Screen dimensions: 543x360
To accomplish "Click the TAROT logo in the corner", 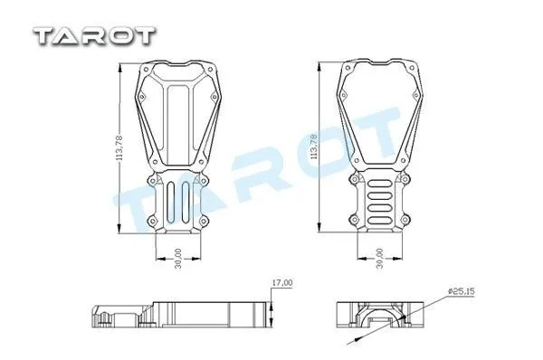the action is pos(94,36).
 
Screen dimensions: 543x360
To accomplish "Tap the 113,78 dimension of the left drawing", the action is pos(120,147).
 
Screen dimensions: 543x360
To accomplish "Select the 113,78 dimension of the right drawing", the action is pos(314,147).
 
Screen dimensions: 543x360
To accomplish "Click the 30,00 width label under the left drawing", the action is pos(178,258).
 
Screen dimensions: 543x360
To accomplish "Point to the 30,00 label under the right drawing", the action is pos(380,258).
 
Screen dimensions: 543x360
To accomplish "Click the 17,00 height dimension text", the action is pos(281,283).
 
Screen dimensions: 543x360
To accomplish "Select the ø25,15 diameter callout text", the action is pos(461,291).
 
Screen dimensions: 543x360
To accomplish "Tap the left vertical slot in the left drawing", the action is pos(170,202).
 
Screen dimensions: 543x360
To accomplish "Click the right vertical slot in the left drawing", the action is pos(186,202).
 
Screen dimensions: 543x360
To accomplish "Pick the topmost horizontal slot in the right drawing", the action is pos(379,185).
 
